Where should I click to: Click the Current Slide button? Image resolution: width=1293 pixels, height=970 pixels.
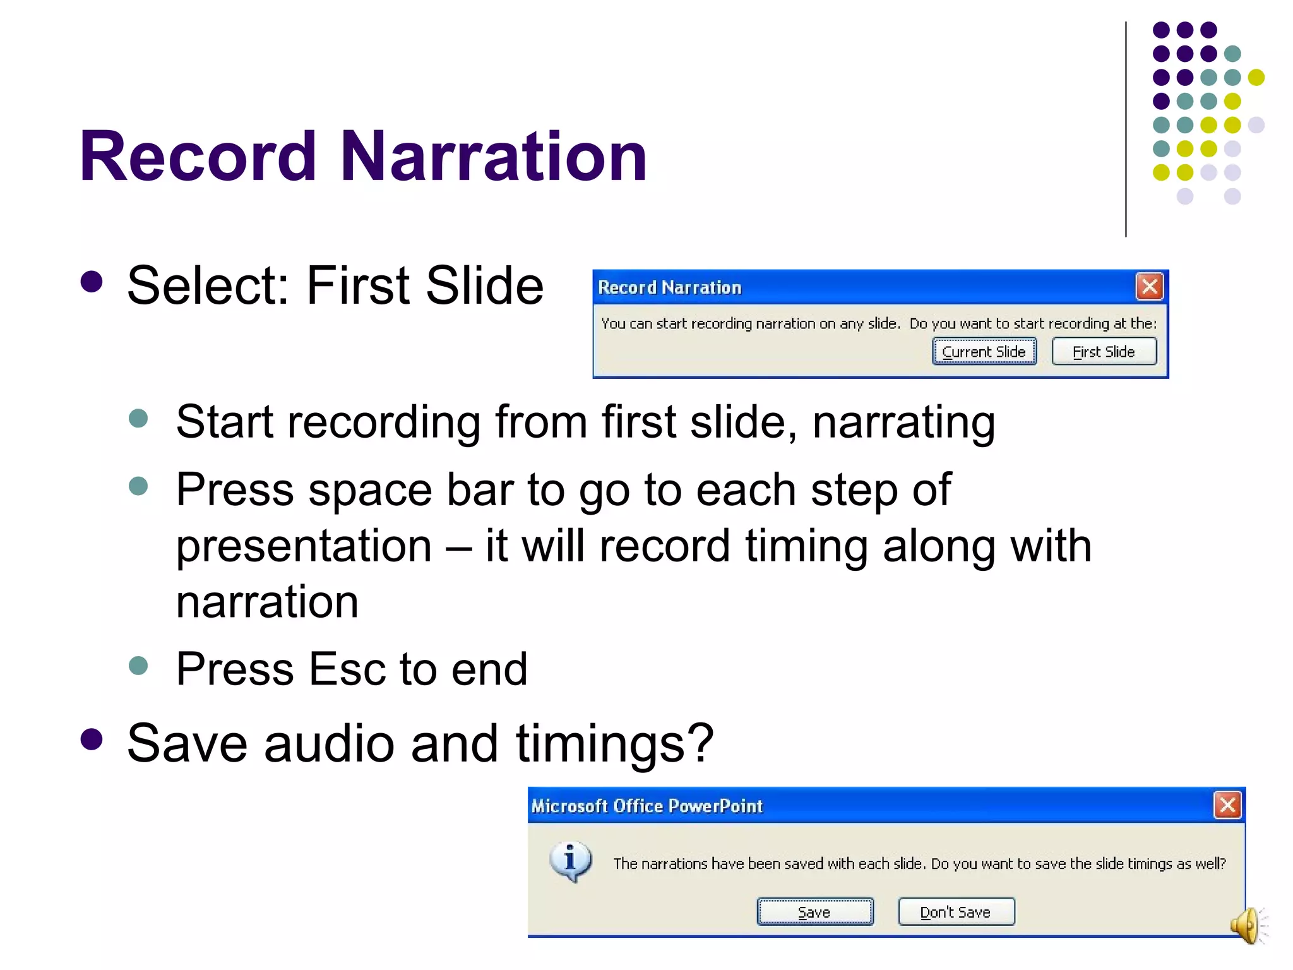[x=984, y=352]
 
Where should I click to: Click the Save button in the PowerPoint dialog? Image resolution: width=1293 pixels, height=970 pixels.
[x=814, y=912]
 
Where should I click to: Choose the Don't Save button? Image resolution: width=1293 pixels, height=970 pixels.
[x=956, y=912]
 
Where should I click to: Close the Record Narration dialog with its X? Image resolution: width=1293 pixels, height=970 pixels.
[x=1150, y=287]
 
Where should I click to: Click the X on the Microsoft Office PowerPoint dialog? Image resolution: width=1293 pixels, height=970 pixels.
[x=1227, y=805]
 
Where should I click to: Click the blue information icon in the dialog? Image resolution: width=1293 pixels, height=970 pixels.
[x=571, y=861]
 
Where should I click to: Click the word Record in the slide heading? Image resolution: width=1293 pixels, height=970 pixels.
[x=198, y=156]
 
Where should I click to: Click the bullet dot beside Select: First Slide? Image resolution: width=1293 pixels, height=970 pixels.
[x=92, y=282]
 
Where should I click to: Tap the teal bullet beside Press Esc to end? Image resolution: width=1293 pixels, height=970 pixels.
[x=138, y=666]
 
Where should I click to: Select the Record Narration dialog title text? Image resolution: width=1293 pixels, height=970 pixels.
[x=669, y=288]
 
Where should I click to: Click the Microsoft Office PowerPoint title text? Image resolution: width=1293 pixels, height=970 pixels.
[x=646, y=806]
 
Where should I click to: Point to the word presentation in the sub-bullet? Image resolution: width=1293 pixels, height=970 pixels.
[x=304, y=546]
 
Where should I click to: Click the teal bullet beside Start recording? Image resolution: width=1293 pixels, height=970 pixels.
[x=138, y=418]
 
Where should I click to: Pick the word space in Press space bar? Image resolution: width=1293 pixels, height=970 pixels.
[x=370, y=490]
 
